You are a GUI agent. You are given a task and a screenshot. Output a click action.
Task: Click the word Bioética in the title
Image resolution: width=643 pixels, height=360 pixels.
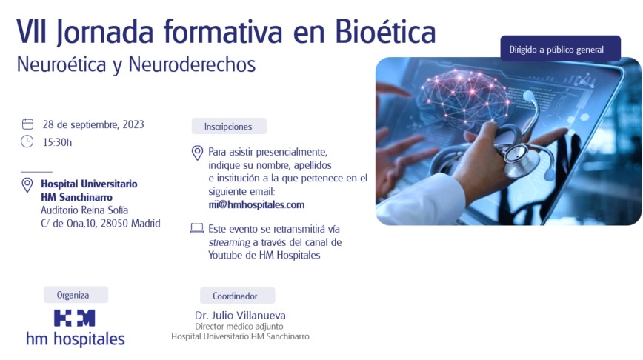385,32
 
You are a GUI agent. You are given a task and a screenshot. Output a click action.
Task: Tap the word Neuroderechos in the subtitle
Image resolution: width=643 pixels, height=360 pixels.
192,64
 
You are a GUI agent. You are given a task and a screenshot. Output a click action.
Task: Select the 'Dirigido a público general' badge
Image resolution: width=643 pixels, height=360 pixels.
560,49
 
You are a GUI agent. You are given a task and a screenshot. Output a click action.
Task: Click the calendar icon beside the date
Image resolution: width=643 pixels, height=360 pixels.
27,124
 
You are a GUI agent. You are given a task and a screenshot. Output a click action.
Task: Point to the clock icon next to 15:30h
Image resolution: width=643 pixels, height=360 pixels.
27,141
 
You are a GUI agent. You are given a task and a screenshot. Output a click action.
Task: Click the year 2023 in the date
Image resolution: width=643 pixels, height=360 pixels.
133,124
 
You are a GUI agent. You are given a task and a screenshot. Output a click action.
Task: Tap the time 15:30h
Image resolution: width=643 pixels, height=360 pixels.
58,142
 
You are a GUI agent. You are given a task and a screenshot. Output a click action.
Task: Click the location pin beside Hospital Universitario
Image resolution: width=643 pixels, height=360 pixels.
27,185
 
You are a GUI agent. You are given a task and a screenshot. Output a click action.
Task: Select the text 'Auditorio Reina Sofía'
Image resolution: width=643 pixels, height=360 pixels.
84,210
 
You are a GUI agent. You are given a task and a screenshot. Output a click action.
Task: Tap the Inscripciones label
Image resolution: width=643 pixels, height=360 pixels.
229,126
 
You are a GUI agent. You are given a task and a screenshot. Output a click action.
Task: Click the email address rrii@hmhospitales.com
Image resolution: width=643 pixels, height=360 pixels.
256,204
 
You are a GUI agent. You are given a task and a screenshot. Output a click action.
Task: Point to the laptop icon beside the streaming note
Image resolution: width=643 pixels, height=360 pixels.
197,228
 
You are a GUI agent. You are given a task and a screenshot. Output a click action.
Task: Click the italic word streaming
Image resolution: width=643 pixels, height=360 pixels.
229,242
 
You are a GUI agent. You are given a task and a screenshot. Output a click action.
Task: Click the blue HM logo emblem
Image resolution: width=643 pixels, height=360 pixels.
75,319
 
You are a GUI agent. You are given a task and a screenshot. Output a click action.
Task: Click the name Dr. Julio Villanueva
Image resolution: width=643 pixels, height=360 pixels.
240,316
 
